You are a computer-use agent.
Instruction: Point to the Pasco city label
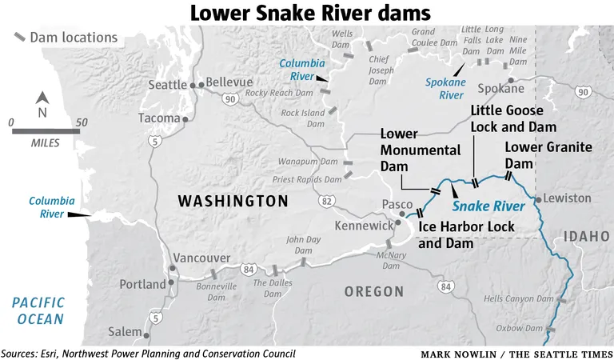coord(397,205)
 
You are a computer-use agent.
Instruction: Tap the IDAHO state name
coord(581,236)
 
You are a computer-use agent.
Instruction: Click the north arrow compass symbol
coord(45,102)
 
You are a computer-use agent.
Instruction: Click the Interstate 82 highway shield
coord(325,202)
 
